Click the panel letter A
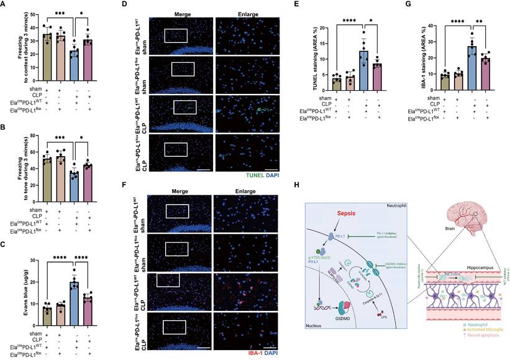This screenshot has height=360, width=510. coord(4,5)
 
